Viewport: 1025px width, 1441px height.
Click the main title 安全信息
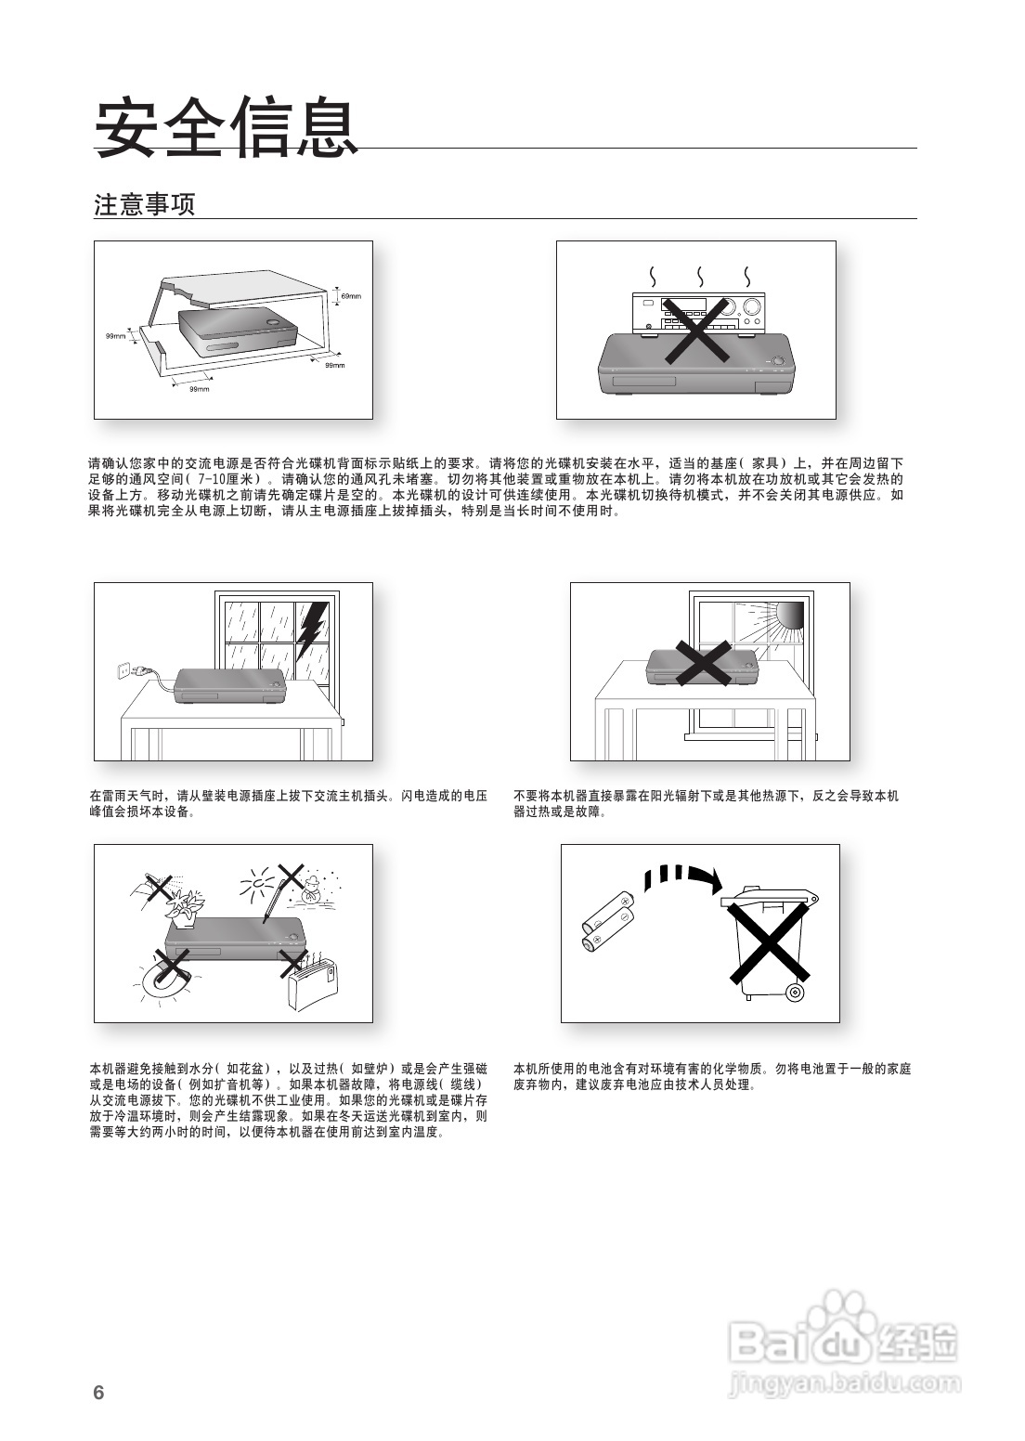[x=227, y=128]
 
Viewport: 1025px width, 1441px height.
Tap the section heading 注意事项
[x=145, y=205]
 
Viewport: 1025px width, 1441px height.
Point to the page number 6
[x=98, y=1393]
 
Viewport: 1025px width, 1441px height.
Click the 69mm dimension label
[x=350, y=296]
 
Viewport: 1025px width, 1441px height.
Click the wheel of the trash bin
[x=794, y=993]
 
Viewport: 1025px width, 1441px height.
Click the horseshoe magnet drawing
[x=167, y=980]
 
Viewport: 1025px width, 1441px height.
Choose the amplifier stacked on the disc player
[x=698, y=313]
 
